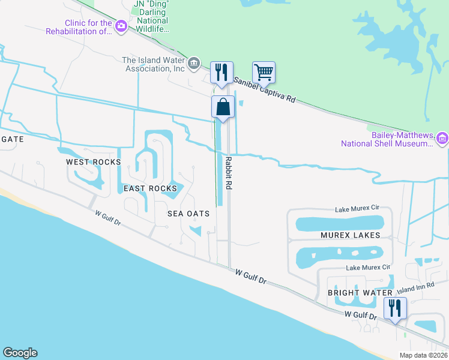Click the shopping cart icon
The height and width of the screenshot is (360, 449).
[264, 73]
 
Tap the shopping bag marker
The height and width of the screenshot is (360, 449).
[222, 107]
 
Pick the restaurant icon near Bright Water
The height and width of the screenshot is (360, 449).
[394, 308]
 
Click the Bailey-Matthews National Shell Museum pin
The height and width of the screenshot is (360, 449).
[443, 139]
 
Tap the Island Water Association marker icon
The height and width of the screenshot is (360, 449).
[193, 63]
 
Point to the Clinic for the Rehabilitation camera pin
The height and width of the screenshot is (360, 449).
[121, 26]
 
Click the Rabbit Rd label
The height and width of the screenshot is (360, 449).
[229, 173]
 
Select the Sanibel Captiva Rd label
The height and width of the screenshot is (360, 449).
[265, 90]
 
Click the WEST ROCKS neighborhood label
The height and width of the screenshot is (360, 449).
[93, 162]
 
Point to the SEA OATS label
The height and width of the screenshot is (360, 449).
[188, 214]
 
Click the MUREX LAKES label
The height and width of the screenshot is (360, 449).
[350, 235]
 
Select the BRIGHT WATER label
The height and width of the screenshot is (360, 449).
[352, 293]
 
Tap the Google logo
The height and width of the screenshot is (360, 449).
[20, 353]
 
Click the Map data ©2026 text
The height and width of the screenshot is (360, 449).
[423, 355]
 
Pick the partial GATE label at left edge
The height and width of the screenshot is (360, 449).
[11, 139]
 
